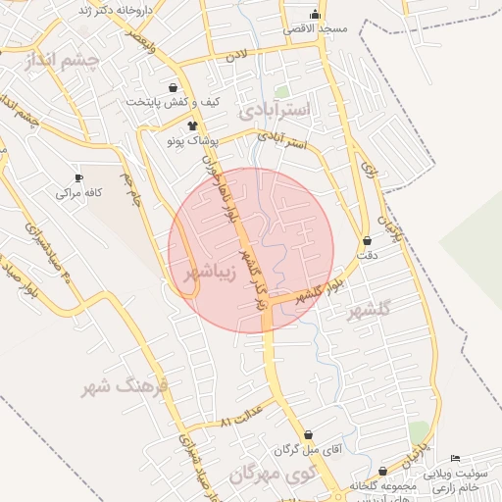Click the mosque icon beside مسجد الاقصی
(x=315, y=14)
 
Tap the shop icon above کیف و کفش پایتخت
(x=174, y=87)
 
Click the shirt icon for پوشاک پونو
(x=192, y=125)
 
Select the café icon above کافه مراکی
(x=78, y=177)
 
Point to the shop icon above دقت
(x=367, y=240)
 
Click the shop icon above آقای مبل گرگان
(x=310, y=434)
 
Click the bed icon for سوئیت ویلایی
(x=454, y=459)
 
